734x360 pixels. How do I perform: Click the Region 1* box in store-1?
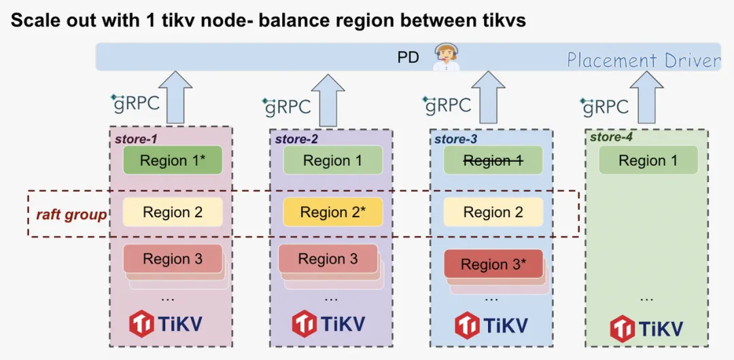click(173, 160)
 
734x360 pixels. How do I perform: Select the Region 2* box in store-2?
click(333, 212)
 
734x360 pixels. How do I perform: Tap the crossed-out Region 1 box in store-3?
click(493, 160)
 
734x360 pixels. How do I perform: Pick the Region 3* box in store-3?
click(493, 264)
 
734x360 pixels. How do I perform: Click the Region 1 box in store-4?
click(648, 160)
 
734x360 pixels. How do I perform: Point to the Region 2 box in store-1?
click(173, 212)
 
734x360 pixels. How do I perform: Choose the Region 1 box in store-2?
click(333, 160)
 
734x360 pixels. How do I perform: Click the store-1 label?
click(136, 139)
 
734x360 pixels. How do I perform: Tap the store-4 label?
click(610, 137)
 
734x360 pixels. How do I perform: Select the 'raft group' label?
click(71, 215)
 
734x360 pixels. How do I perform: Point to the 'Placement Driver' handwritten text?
click(643, 60)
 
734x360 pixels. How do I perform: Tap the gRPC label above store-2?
click(287, 106)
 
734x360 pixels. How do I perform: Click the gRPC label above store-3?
click(448, 105)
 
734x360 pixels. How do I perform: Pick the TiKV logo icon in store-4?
click(623, 329)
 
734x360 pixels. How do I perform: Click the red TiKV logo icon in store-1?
click(142, 323)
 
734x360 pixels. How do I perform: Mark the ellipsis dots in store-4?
click(646, 298)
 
